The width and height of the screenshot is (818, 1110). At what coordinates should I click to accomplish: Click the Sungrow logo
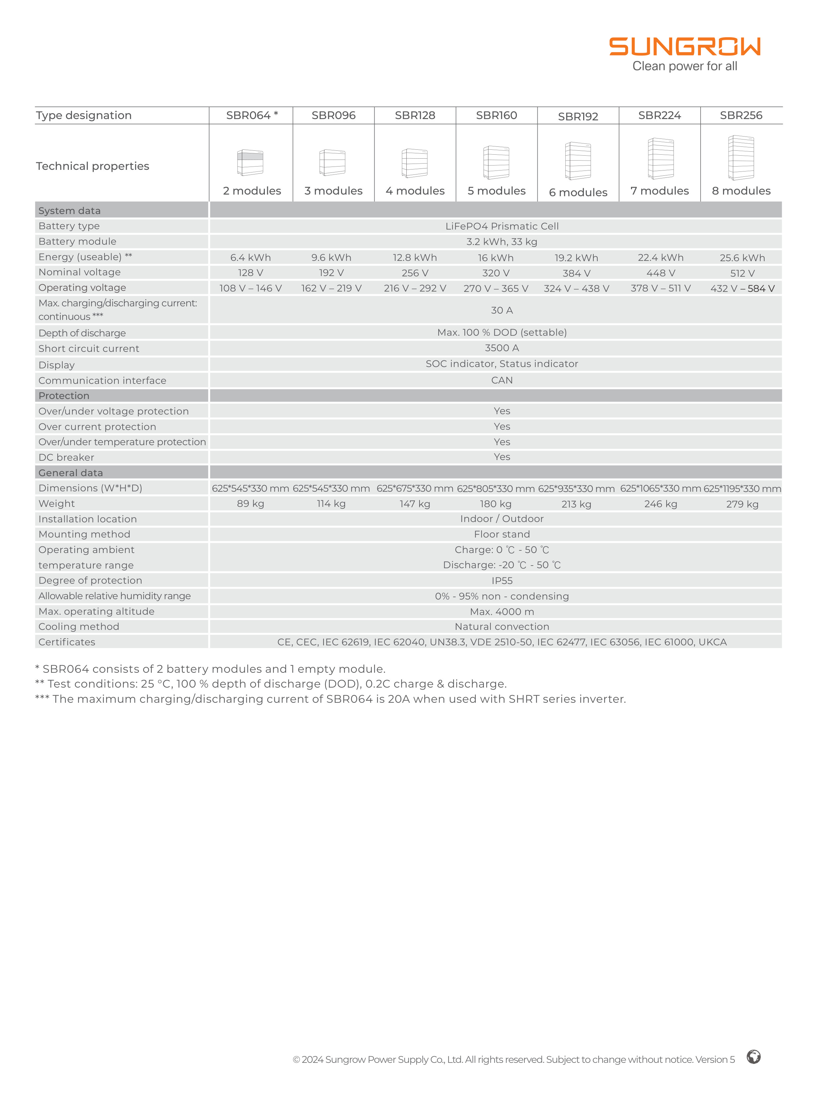click(684, 47)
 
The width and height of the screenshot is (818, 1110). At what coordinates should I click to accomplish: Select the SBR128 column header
click(415, 115)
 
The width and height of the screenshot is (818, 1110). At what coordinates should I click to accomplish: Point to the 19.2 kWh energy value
click(576, 258)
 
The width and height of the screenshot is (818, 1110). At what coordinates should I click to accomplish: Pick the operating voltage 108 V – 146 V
click(251, 288)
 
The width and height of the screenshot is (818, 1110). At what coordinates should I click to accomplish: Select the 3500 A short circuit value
click(502, 348)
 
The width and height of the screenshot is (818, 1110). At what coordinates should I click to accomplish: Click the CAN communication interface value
click(502, 380)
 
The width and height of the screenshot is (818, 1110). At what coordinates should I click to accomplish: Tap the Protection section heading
click(64, 396)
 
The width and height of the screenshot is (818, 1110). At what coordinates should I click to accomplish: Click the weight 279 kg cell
click(742, 504)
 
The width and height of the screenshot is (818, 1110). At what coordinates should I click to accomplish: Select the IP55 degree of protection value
click(502, 581)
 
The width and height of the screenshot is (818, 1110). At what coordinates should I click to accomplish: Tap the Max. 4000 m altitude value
click(502, 611)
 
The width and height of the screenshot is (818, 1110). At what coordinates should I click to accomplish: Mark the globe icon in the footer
click(754, 1057)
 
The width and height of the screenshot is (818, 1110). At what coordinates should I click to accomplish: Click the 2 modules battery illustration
click(250, 162)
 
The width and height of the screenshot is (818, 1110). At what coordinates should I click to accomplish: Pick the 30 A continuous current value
click(502, 310)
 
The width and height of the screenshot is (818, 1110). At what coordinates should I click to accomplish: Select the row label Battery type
click(69, 226)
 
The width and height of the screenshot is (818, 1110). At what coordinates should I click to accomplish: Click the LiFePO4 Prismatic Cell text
click(502, 226)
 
